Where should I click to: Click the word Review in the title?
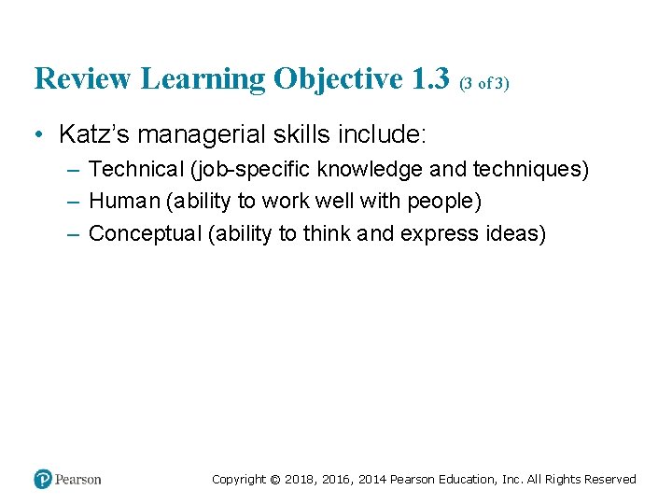[83, 78]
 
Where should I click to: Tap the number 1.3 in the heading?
[430, 78]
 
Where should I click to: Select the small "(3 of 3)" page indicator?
[483, 83]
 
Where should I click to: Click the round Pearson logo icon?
[43, 479]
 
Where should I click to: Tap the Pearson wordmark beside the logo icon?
[78, 480]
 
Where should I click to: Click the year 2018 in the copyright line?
[300, 480]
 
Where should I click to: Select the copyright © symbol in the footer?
[274, 480]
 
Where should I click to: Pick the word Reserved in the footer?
[609, 480]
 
